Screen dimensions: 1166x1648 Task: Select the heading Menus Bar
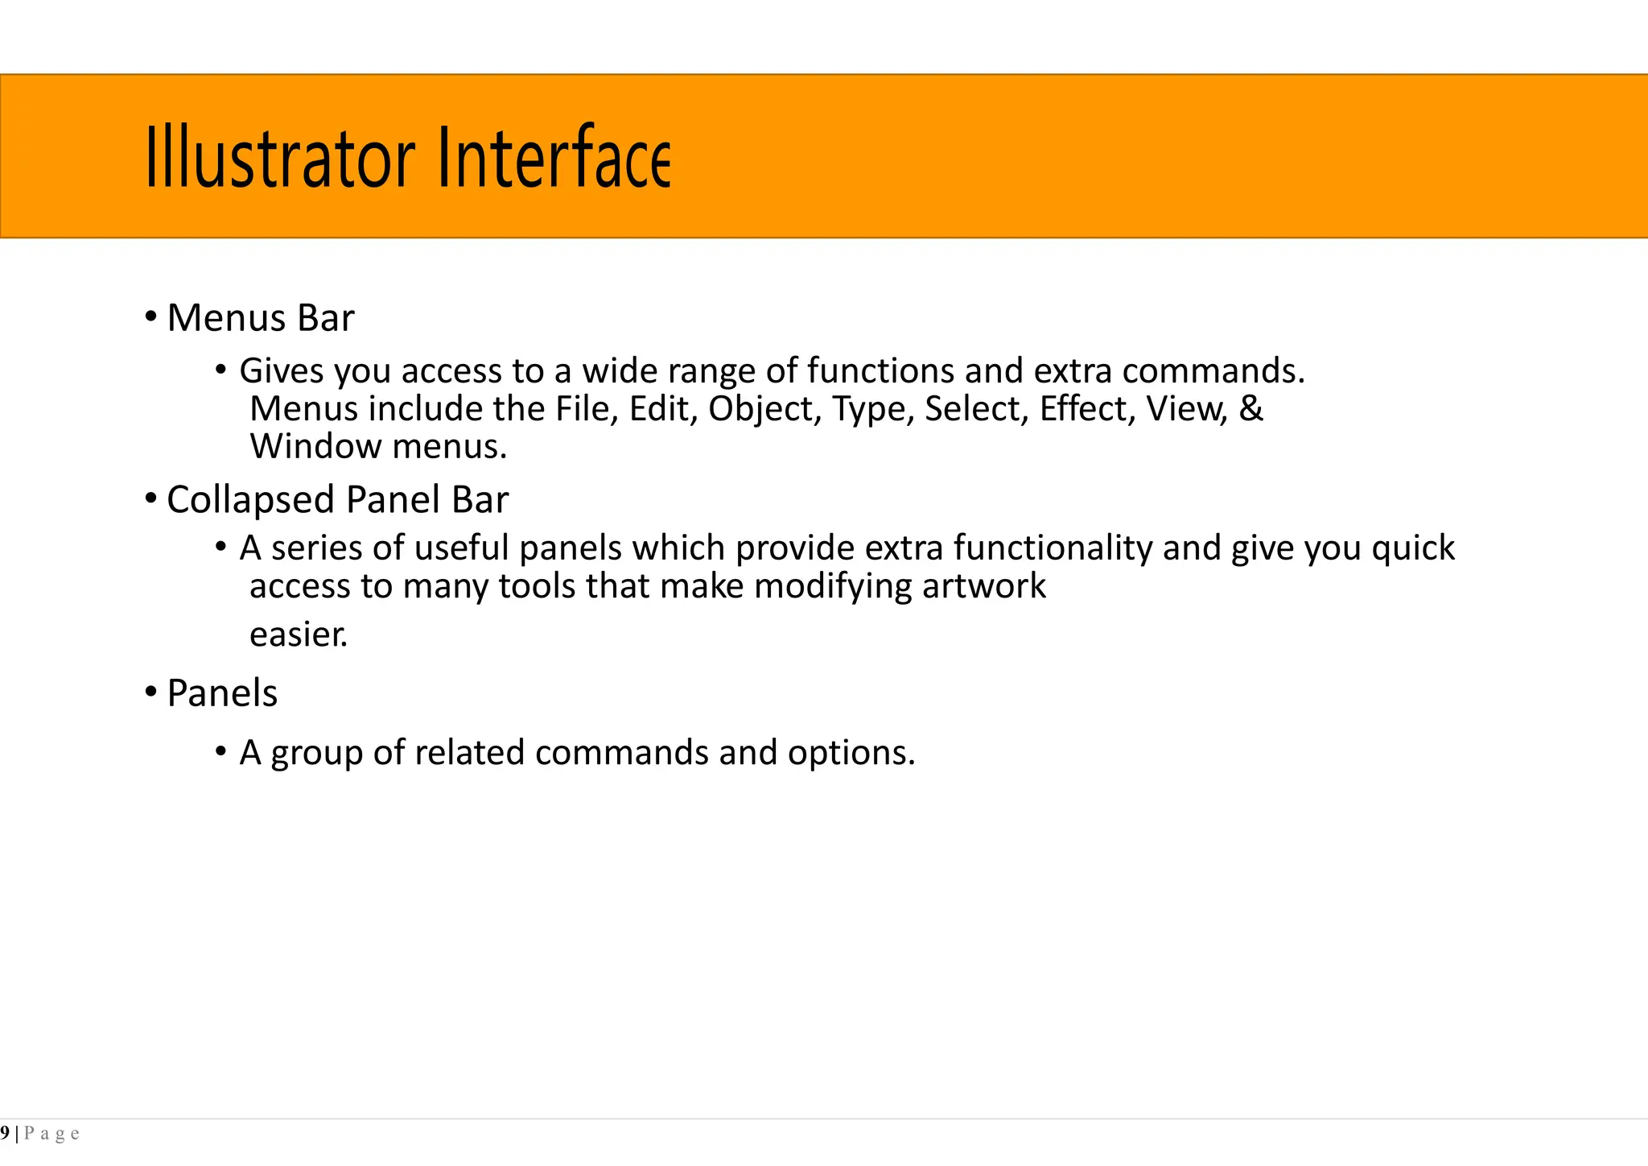click(260, 318)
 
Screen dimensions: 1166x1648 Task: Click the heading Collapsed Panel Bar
click(337, 500)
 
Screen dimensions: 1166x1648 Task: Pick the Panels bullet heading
click(222, 693)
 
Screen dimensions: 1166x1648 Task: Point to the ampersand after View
click(1250, 408)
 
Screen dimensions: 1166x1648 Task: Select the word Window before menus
click(315, 447)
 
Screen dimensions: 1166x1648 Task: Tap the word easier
click(299, 635)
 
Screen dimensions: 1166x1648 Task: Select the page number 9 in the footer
click(6, 1134)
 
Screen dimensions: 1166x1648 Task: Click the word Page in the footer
click(51, 1134)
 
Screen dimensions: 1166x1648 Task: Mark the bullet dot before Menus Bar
click(150, 316)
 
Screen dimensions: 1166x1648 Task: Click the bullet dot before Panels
click(150, 692)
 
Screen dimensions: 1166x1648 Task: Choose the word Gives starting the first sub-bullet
click(282, 371)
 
